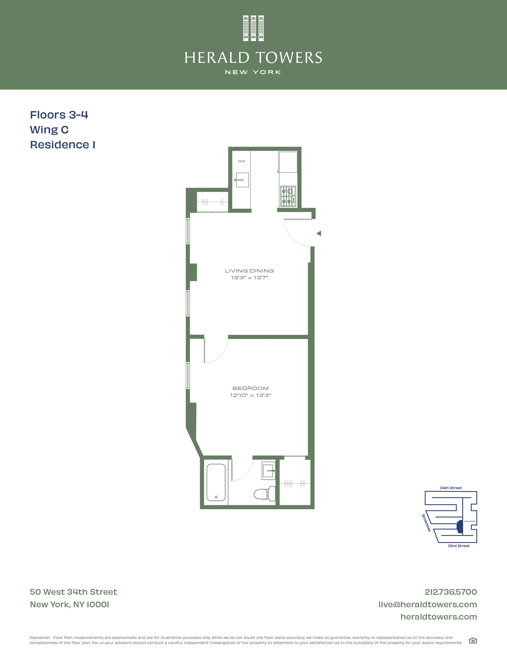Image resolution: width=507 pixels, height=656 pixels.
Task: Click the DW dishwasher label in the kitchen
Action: point(242,161)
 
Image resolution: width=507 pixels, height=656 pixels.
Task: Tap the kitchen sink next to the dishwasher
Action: point(242,180)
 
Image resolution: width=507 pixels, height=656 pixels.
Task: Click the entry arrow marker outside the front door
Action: point(319,233)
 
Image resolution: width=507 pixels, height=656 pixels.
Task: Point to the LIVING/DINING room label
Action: point(249,271)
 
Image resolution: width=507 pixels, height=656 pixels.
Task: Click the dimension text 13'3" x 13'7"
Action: point(249,278)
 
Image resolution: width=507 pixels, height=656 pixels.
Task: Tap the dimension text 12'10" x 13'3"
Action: point(251,395)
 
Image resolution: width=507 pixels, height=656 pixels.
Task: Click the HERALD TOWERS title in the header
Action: point(253,58)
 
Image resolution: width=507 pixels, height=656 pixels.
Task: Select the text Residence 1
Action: point(62,145)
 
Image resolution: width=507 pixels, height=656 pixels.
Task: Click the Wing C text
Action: point(49,130)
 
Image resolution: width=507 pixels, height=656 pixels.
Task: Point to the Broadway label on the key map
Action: point(426,523)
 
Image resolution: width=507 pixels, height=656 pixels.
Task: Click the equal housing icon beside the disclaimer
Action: point(473,641)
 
